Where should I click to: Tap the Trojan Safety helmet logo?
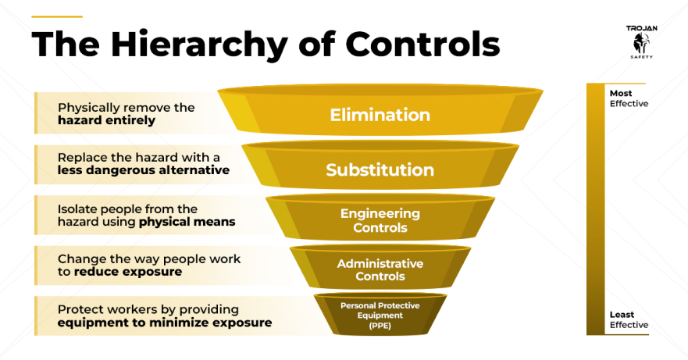click(641, 41)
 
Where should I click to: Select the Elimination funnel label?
click(380, 115)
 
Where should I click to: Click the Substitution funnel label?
click(380, 169)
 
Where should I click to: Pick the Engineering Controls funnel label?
click(380, 220)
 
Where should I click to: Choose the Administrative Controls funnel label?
click(380, 269)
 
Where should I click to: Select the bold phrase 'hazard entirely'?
click(106, 120)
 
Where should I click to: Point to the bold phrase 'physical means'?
click(187, 222)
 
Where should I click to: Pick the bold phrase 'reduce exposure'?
click(128, 272)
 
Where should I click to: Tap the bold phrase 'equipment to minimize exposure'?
click(165, 323)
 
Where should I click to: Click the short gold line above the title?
click(57, 16)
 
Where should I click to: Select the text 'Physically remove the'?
click(126, 107)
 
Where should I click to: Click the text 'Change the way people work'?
click(149, 258)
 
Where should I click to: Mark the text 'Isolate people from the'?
click(127, 209)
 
